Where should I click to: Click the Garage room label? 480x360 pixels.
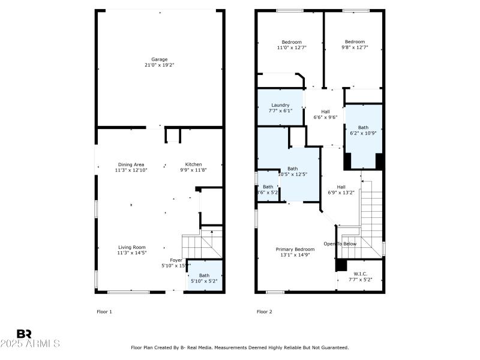pos(159,59)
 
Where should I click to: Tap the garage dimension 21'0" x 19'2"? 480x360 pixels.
pos(159,65)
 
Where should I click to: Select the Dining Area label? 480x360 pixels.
pos(131,164)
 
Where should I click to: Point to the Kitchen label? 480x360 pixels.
pos(193,164)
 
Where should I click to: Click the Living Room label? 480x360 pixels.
pos(131,247)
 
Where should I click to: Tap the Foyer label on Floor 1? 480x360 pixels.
pos(176,260)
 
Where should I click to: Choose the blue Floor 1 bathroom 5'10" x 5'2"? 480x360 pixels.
pos(205,278)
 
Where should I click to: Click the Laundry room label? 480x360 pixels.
pos(280,105)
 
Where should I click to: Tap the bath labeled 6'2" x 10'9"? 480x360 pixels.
pos(364,130)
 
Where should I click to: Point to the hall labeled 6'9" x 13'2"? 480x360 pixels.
pos(341,190)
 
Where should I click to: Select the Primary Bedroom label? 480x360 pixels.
pos(295,249)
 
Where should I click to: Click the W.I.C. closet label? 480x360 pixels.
pos(359,274)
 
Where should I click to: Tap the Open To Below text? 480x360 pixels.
pos(340,244)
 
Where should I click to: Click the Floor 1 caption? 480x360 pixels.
pos(104,311)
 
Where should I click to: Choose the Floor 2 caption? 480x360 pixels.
pos(264,311)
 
